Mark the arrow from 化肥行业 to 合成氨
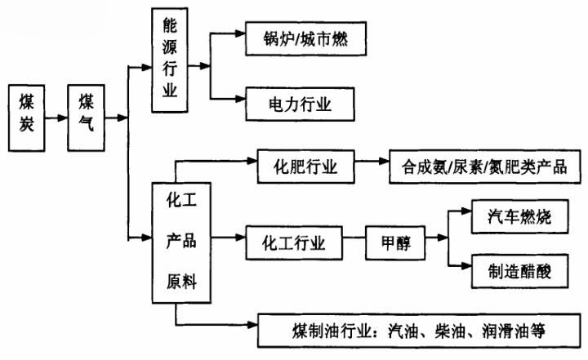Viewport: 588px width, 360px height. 373,167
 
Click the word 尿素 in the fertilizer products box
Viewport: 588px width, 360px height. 471,168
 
